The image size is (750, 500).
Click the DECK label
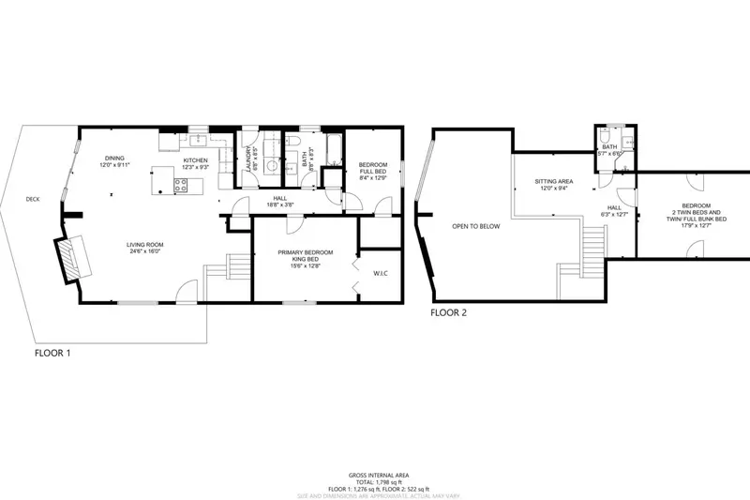click(34, 199)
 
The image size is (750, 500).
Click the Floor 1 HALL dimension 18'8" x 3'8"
click(280, 205)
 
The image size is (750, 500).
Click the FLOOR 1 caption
click(52, 354)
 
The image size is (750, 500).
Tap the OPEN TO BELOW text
click(475, 226)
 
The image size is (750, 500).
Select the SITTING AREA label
click(554, 181)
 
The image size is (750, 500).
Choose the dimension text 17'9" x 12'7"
click(696, 224)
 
